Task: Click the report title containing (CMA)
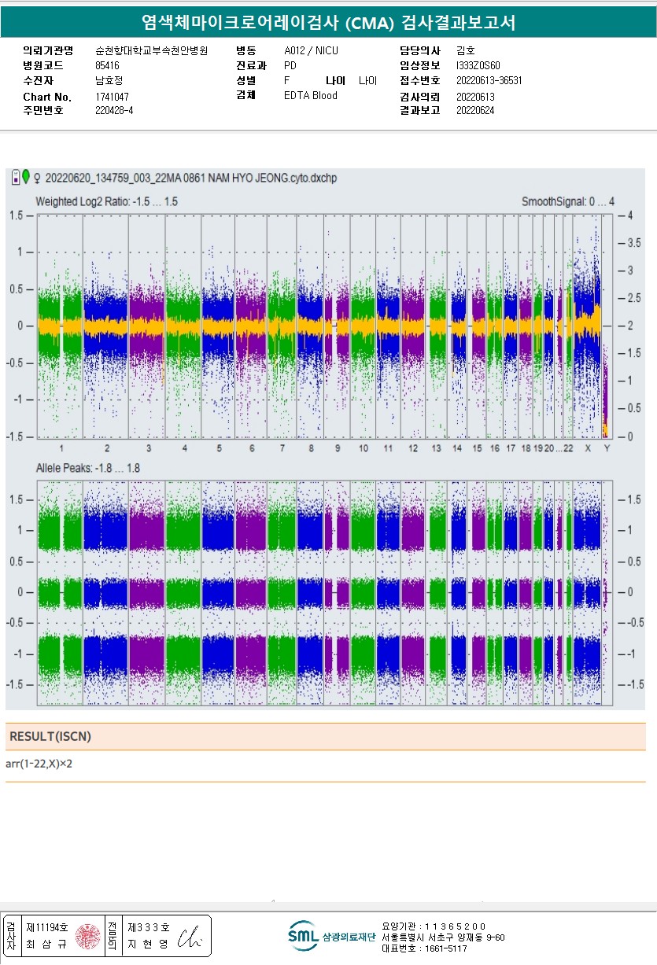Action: (328, 23)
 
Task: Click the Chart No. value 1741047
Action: (112, 97)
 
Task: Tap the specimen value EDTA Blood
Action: (310, 96)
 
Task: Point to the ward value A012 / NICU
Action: (310, 50)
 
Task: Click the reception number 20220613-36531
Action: (489, 80)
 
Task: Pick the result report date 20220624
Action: (475, 110)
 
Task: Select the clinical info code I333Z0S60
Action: (478, 65)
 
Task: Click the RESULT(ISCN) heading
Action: (50, 736)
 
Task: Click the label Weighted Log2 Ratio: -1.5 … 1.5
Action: (106, 202)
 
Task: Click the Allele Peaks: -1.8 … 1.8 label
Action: (87, 468)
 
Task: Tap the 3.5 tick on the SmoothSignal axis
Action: (624, 243)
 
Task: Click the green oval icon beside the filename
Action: (26, 177)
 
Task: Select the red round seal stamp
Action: (87, 936)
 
